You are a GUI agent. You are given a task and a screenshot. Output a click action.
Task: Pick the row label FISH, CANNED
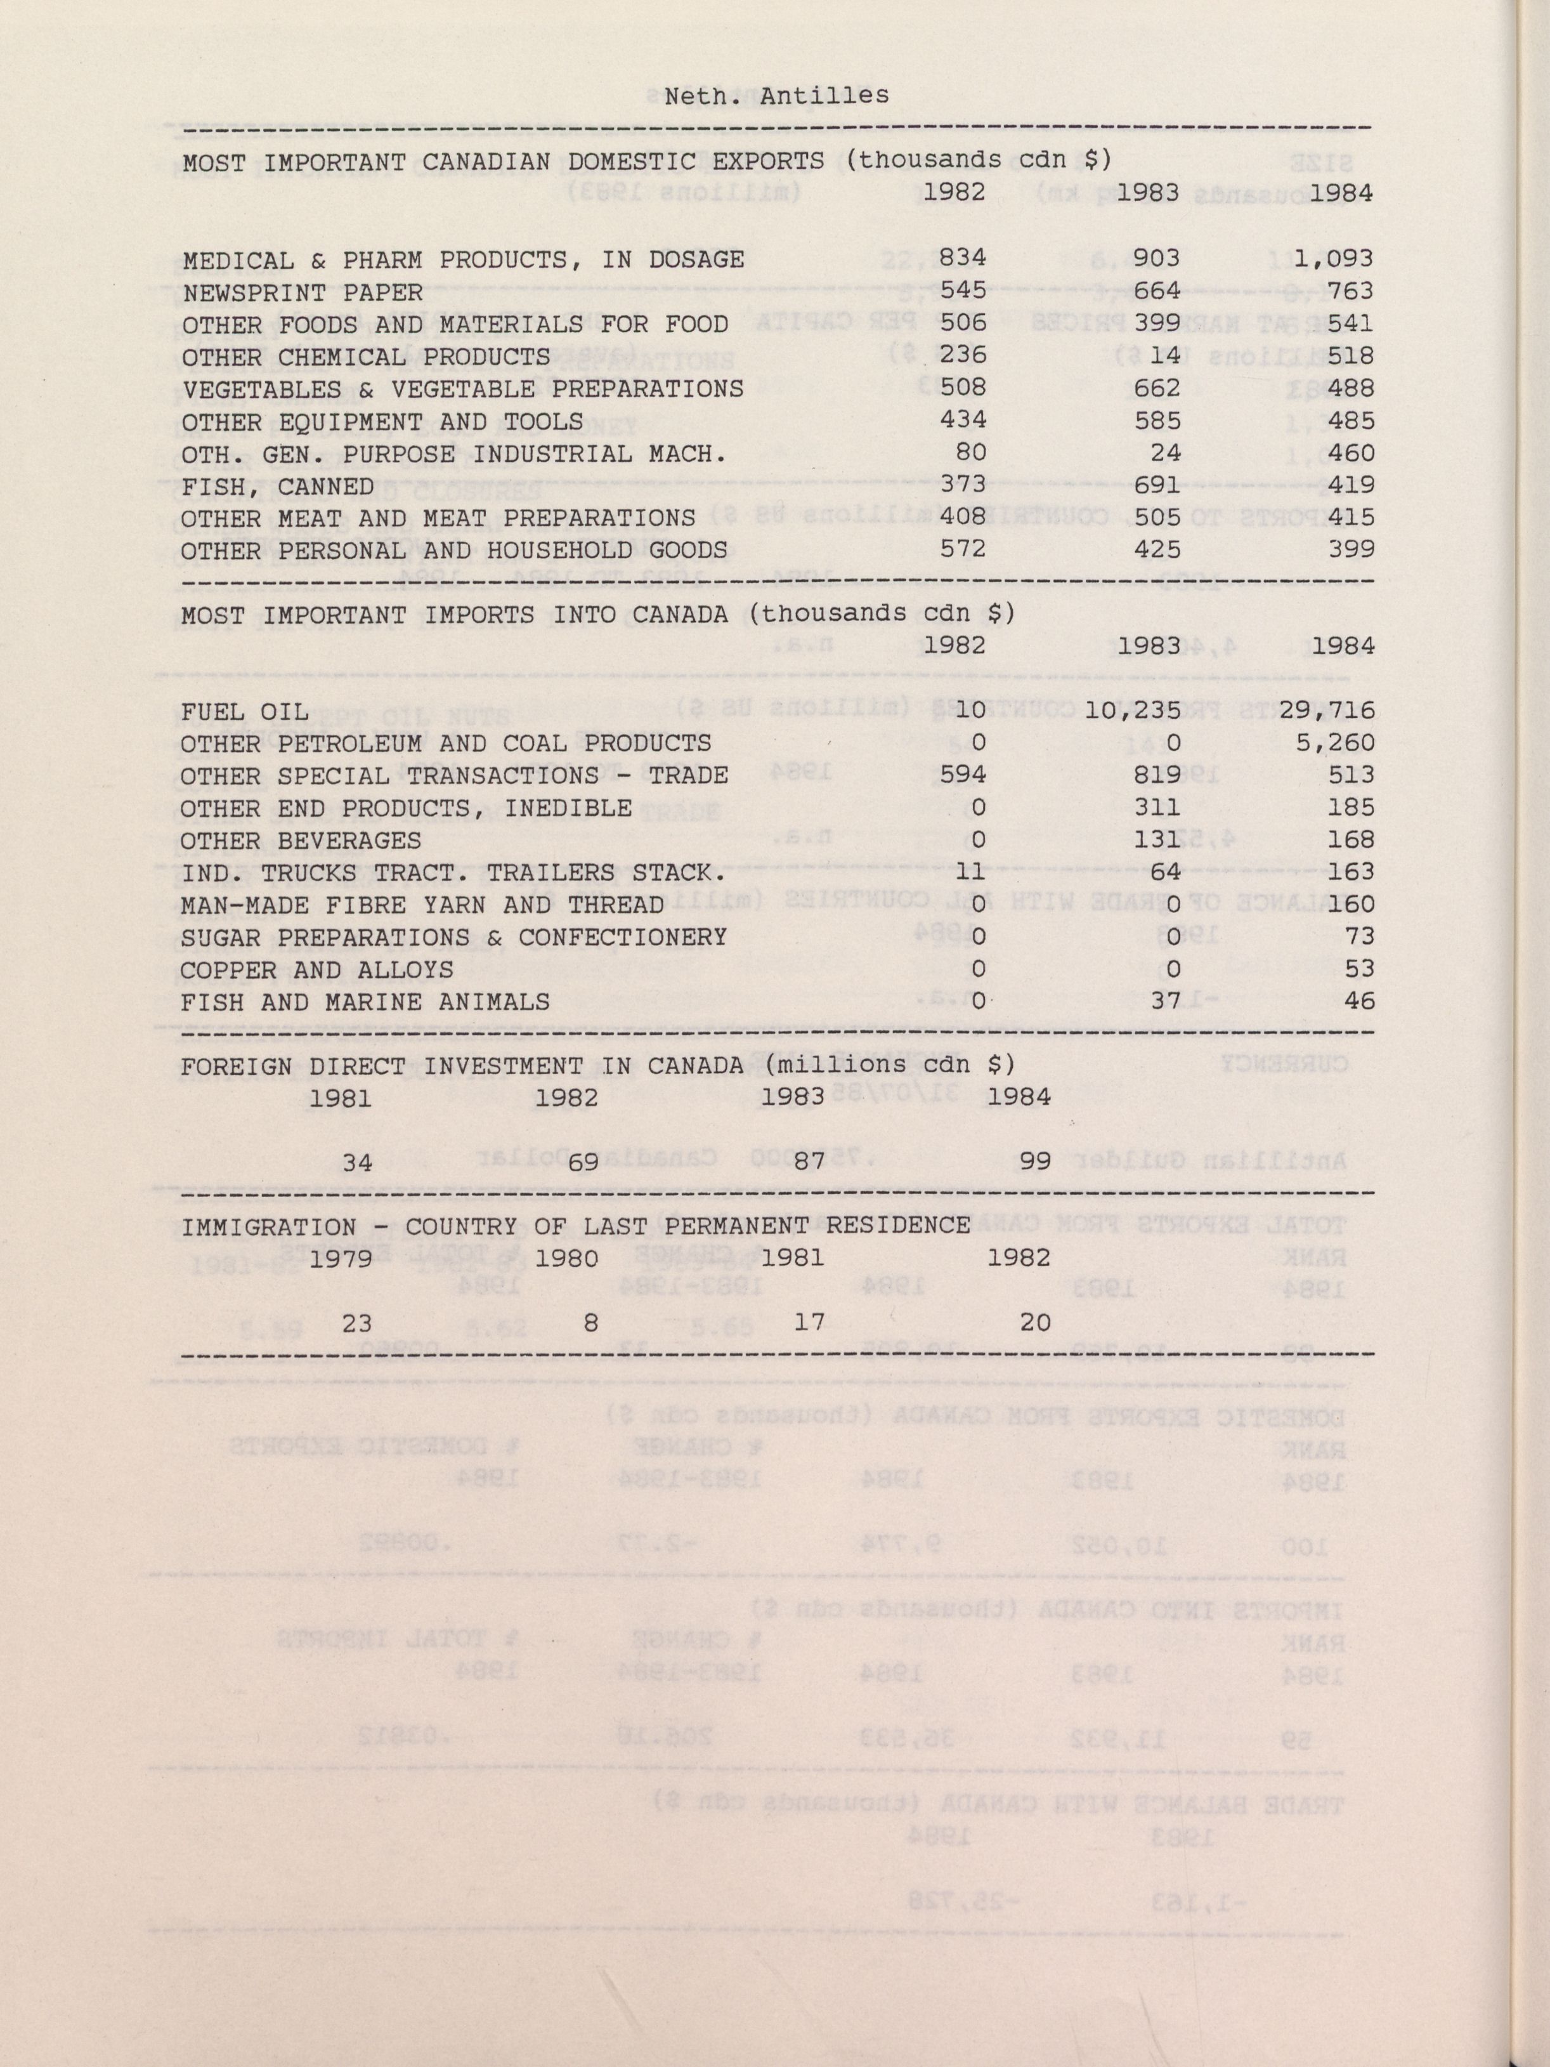tap(278, 486)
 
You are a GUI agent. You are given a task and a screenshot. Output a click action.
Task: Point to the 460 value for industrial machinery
tap(1350, 453)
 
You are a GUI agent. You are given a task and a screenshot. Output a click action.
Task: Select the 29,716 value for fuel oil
tap(1327, 710)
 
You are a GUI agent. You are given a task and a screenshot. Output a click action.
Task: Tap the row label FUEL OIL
tap(245, 712)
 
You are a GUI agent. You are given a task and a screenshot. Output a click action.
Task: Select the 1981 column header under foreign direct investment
tap(340, 1098)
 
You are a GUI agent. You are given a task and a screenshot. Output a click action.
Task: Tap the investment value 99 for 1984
tap(1035, 1162)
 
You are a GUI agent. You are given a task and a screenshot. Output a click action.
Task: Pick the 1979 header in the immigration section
tap(340, 1257)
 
